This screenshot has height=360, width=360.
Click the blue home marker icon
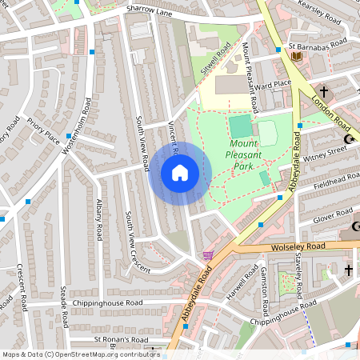(180, 173)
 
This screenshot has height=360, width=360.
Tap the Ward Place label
(272, 82)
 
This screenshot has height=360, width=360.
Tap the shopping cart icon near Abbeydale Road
(208, 255)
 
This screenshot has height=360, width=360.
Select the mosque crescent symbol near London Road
(349, 140)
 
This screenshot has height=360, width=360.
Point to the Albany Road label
(99, 219)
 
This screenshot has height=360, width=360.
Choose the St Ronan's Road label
(121, 339)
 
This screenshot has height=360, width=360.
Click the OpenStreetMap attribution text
(80, 354)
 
